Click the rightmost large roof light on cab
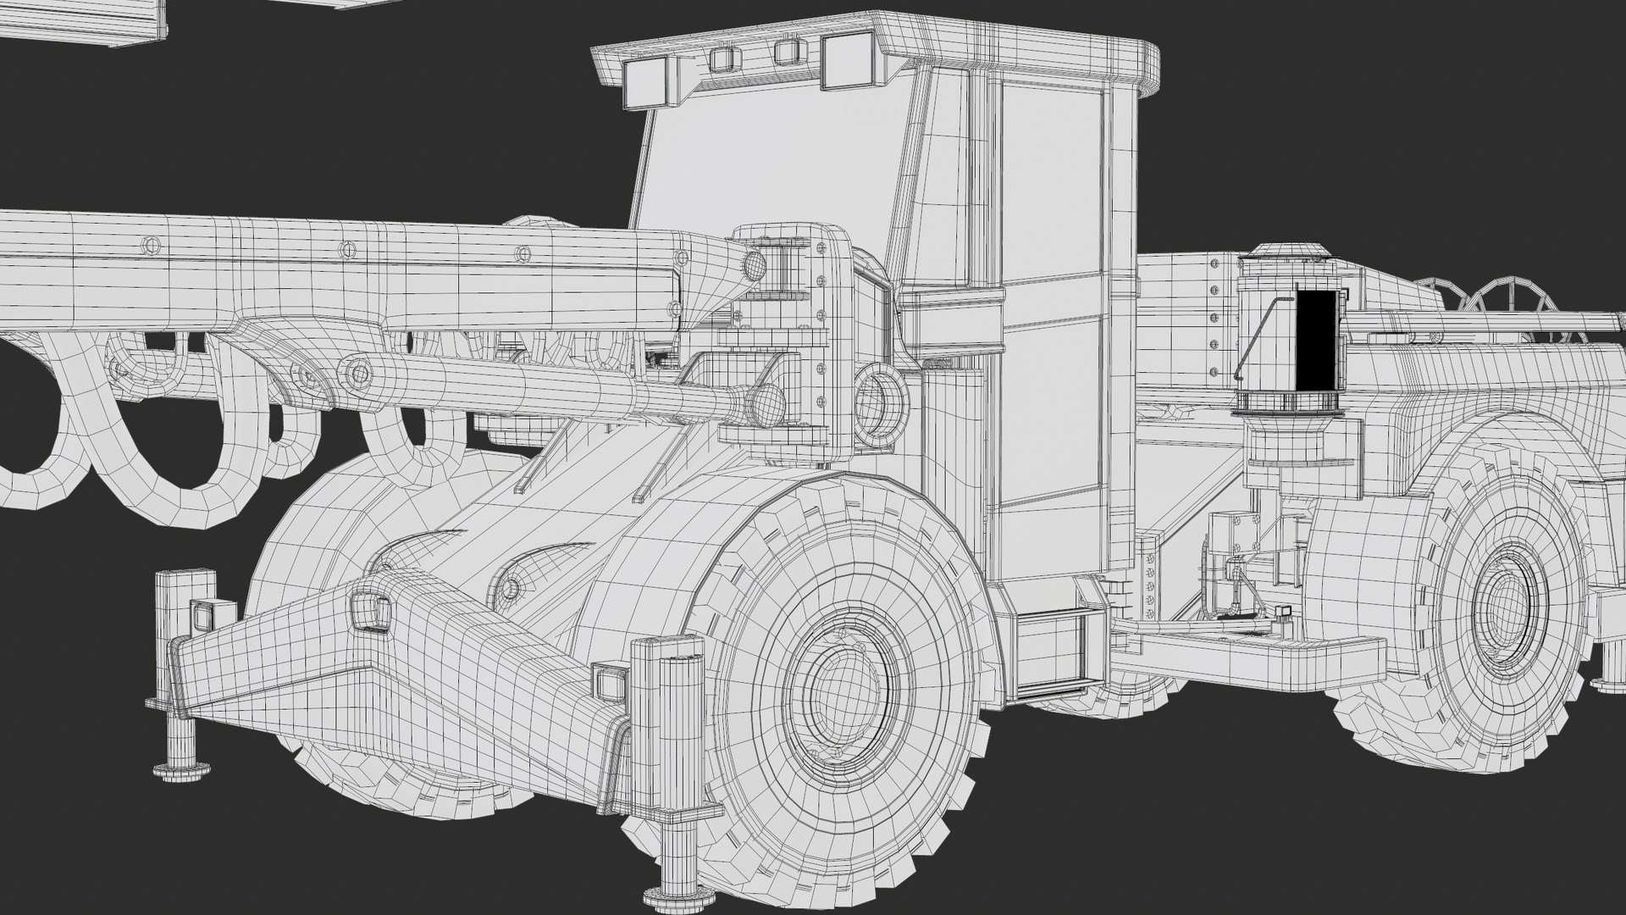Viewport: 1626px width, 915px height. coord(848,61)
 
